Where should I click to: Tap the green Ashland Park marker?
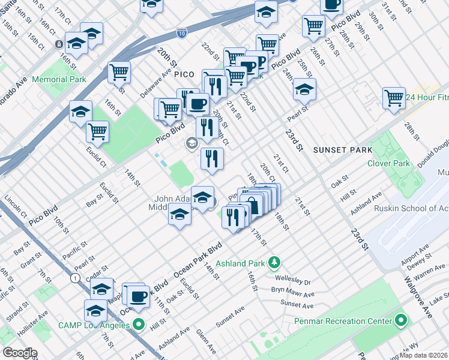[x=274, y=262]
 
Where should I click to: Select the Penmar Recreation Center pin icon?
[x=400, y=321]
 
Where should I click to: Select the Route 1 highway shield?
[x=74, y=278]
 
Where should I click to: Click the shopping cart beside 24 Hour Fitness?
[x=394, y=97]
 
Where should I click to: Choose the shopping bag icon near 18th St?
[x=253, y=205]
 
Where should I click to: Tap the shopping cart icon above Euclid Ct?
[x=97, y=131]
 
